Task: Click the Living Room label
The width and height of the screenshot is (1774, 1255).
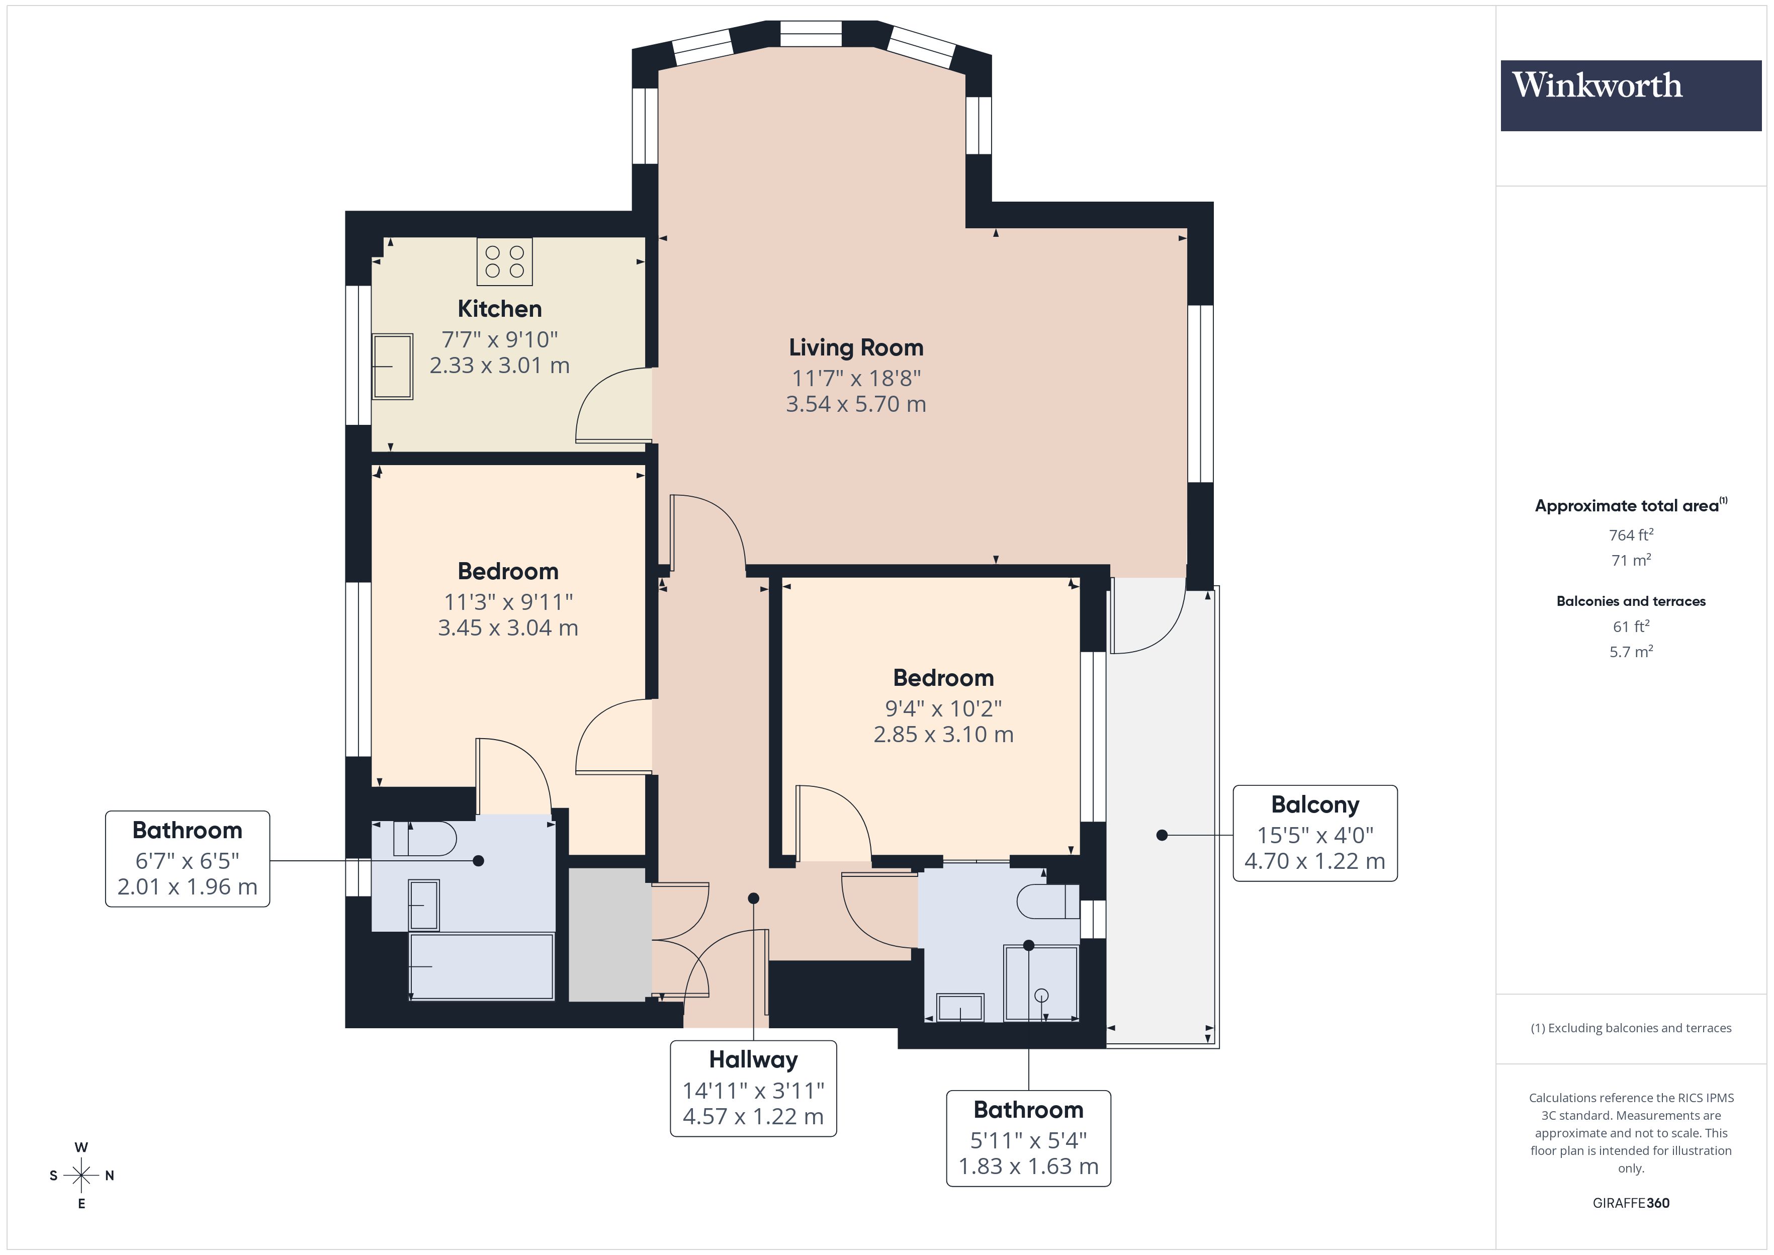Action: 855,348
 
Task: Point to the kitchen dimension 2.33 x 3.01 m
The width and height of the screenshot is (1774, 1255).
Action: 499,366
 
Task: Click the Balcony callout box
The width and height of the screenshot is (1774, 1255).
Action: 1314,833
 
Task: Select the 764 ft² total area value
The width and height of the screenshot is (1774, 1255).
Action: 1630,535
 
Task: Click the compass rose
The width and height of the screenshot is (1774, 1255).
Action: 81,1176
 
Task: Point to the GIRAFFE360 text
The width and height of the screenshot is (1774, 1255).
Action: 1630,1202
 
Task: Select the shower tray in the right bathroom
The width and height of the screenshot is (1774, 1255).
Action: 1041,983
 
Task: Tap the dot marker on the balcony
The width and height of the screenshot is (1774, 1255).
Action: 1161,835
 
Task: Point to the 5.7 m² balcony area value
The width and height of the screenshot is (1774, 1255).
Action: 1630,652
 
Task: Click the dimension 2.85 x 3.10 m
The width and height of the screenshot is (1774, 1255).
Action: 943,734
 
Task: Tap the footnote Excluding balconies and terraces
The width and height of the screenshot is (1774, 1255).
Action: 1630,1028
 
